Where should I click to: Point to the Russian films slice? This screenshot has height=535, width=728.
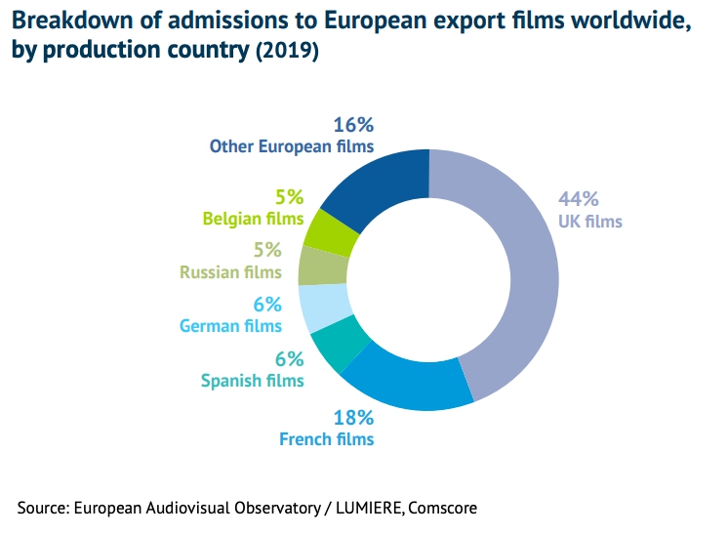coord(321,265)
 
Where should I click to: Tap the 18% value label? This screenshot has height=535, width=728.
coord(352,417)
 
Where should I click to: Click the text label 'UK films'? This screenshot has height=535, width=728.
coord(589,222)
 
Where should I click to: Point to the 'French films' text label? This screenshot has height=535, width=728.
coord(327,439)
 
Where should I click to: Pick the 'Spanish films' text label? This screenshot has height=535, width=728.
coord(252,381)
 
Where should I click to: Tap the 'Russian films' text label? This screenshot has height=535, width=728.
coord(230,271)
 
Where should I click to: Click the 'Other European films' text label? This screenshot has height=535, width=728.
coord(292,146)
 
